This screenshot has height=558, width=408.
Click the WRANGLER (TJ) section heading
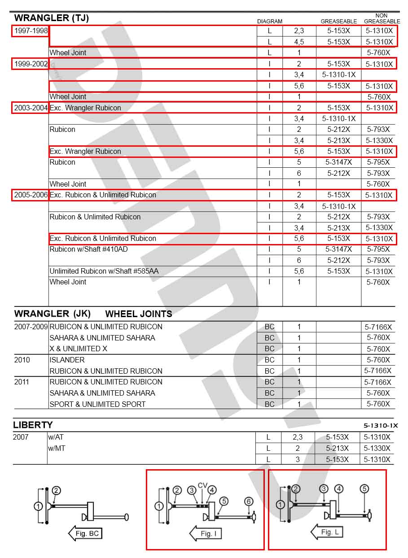click(x=51, y=18)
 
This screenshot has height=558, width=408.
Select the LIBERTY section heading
click(x=33, y=425)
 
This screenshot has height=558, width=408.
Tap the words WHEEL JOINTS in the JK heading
click(x=138, y=314)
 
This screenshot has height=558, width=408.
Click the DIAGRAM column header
click(x=269, y=21)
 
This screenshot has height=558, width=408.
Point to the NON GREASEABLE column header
click(x=382, y=18)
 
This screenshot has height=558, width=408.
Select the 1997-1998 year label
click(x=30, y=31)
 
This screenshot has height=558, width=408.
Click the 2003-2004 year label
click(x=30, y=108)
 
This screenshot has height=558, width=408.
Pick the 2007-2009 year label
click(x=31, y=327)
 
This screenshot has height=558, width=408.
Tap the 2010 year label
click(x=22, y=360)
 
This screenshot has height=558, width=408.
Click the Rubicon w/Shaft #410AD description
click(x=88, y=249)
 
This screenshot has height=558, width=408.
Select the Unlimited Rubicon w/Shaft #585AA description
click(x=104, y=271)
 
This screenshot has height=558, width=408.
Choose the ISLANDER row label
click(x=67, y=360)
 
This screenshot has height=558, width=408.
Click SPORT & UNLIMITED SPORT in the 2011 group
click(x=97, y=404)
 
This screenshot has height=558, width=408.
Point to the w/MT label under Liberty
click(x=57, y=448)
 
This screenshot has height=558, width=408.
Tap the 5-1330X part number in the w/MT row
click(x=377, y=448)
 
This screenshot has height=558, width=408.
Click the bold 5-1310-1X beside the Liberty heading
click(x=381, y=426)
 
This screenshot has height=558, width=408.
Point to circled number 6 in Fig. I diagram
click(x=249, y=501)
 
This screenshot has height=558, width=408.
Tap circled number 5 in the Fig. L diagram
click(x=364, y=489)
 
